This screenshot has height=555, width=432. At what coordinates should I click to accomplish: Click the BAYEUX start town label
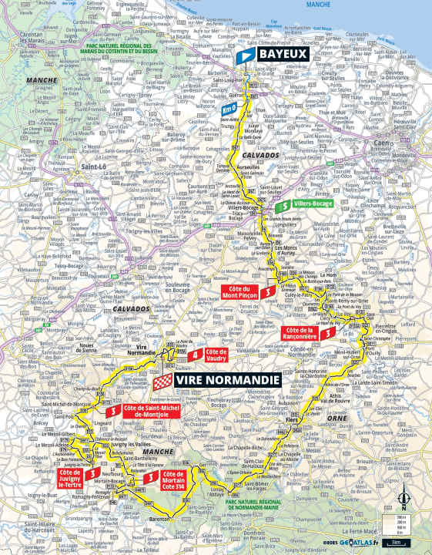[x=283, y=54]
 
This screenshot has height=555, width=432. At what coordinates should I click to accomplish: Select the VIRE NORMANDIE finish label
[x=228, y=380]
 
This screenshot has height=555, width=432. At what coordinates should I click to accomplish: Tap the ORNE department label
[x=336, y=418]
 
